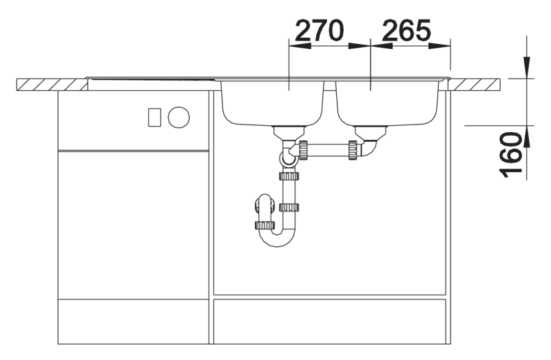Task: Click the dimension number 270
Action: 318,30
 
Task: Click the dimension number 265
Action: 406,30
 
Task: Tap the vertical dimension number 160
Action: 510,155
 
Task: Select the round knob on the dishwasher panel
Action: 178,117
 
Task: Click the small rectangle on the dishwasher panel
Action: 154,117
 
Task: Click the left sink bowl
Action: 272,104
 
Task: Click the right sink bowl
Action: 388,104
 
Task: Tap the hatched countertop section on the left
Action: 52,85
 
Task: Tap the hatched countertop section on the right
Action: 475,85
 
